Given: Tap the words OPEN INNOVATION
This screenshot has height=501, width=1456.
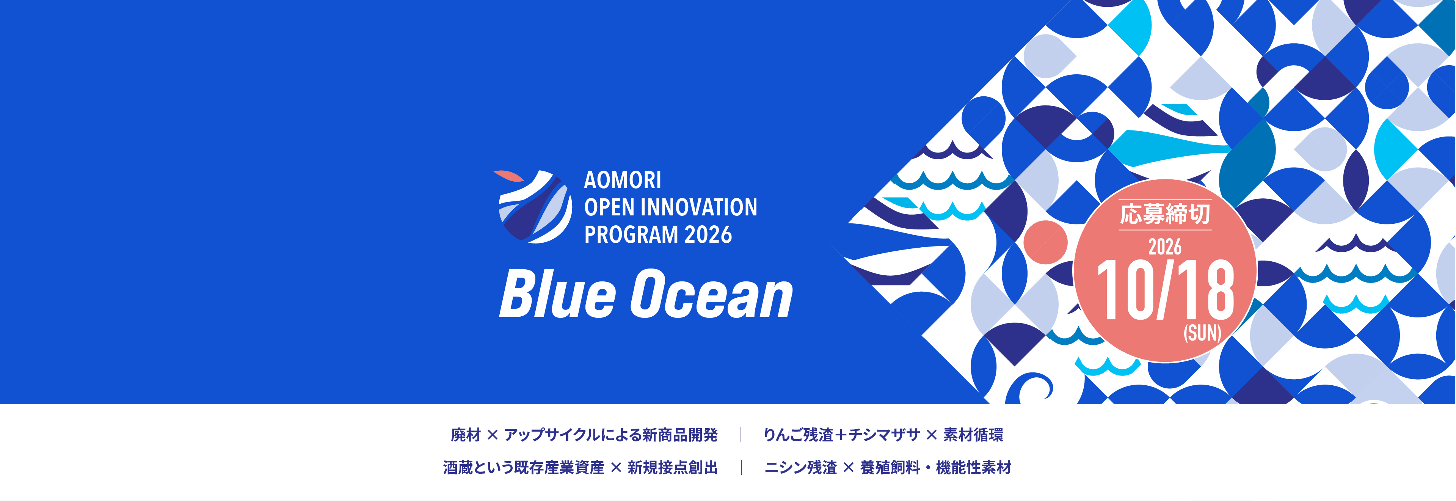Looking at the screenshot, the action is pos(670,207).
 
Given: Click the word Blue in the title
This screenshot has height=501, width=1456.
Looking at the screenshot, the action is pos(557,294).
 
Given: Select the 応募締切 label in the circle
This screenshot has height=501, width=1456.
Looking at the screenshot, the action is pos(1165,214).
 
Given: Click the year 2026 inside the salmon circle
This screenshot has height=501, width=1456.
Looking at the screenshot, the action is pos(1165,247).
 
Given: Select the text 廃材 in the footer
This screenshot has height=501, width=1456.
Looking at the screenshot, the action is pos(466,435).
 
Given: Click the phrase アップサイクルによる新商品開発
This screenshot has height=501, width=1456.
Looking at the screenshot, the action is pos(611,435).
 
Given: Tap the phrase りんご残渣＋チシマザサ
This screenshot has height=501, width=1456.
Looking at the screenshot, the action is pos(842,435).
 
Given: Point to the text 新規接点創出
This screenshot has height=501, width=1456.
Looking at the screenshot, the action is pos(673,468).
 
